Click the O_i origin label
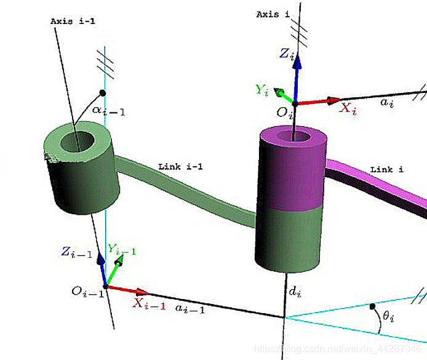coord(284,113)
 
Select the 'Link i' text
coord(387,169)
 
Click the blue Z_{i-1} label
coord(76,252)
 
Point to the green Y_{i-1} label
coord(122,250)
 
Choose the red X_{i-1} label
coord(150,303)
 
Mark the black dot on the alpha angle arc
coord(103,93)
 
